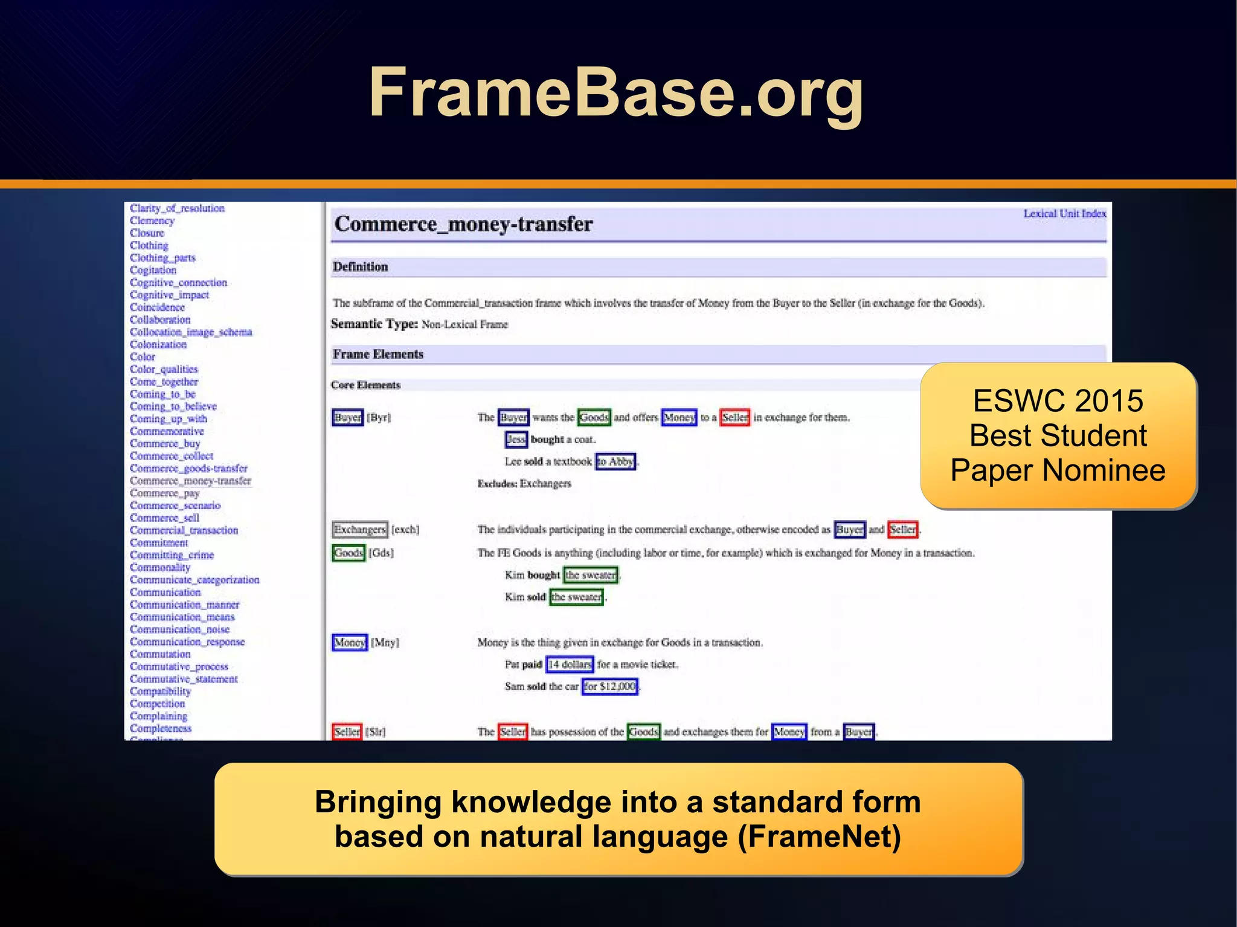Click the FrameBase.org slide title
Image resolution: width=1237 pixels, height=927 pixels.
click(616, 94)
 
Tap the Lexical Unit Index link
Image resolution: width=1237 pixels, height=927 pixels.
click(1064, 214)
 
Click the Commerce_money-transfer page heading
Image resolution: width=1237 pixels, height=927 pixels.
click(463, 224)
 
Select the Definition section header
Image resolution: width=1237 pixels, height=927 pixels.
click(361, 267)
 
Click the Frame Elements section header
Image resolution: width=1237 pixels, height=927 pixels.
click(378, 354)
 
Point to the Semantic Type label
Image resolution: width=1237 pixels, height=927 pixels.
click(374, 324)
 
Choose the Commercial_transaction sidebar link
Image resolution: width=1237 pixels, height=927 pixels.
click(184, 530)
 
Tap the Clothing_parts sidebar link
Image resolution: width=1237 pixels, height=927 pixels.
click(162, 258)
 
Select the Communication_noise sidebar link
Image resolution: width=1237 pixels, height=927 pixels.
click(179, 629)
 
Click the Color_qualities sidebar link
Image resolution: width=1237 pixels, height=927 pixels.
click(164, 369)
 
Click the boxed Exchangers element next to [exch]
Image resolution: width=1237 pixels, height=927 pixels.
click(360, 530)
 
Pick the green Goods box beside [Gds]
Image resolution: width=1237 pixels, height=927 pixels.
click(349, 553)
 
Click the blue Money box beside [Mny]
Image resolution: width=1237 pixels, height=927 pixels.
click(350, 643)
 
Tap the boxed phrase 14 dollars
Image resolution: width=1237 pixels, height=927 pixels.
click(570, 665)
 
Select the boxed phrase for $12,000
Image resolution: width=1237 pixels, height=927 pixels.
click(609, 687)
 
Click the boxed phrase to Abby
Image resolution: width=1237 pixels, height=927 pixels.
click(615, 462)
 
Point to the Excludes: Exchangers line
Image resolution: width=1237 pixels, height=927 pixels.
click(524, 484)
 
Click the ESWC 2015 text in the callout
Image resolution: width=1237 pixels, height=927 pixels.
click(1058, 401)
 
